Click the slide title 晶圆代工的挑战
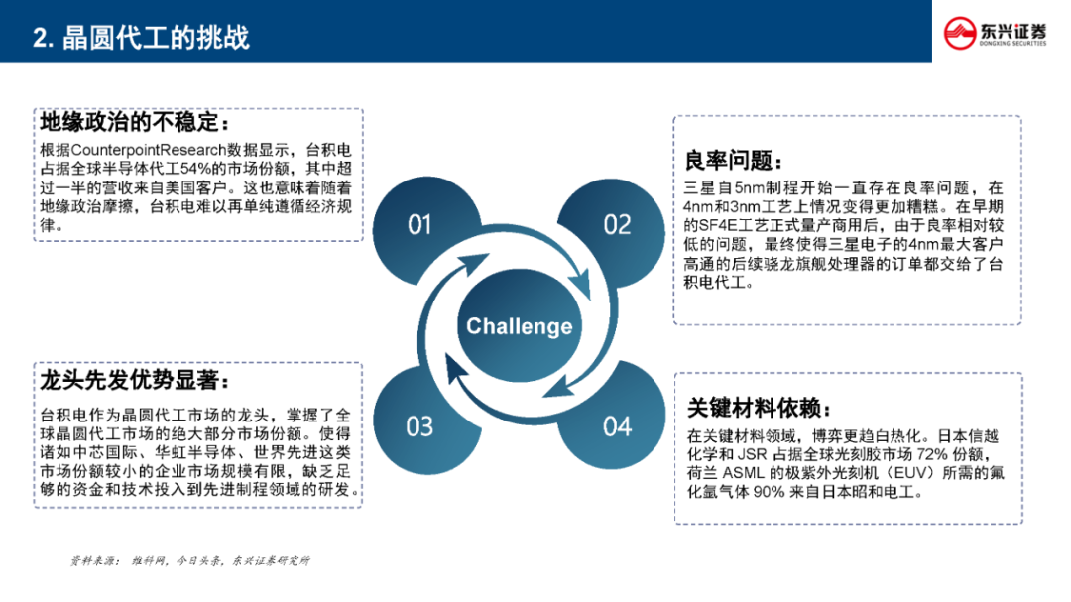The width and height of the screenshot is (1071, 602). click(x=156, y=38)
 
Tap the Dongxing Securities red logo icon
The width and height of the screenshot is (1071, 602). click(x=960, y=33)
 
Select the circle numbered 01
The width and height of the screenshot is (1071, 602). click(x=419, y=225)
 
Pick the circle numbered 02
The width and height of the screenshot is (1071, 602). click(x=617, y=225)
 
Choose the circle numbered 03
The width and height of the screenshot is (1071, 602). click(x=419, y=426)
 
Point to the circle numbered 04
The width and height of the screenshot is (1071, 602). click(x=618, y=426)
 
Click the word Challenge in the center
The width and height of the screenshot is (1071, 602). click(x=519, y=326)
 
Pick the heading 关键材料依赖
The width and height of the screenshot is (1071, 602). click(x=754, y=408)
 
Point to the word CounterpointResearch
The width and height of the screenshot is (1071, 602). click(x=148, y=150)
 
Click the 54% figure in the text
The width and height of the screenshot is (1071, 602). click(x=194, y=169)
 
